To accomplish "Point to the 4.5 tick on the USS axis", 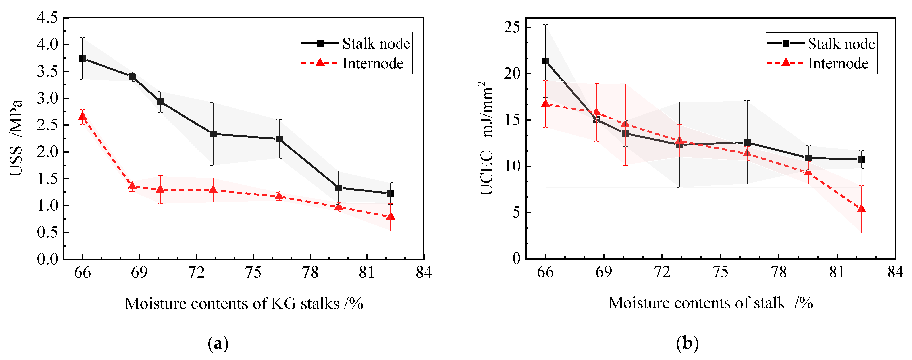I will point(48,18).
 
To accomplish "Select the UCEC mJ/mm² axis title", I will point(487,138).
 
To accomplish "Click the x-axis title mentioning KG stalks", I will point(244,303).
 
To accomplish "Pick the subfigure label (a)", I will point(218,343).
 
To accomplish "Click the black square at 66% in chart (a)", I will point(83,58).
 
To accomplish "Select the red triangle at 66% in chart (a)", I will point(83,116).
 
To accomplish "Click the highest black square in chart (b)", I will point(546,61).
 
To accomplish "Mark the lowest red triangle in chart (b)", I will point(861,208).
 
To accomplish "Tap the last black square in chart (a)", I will point(391,193).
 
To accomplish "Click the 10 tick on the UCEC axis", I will point(512,166).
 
